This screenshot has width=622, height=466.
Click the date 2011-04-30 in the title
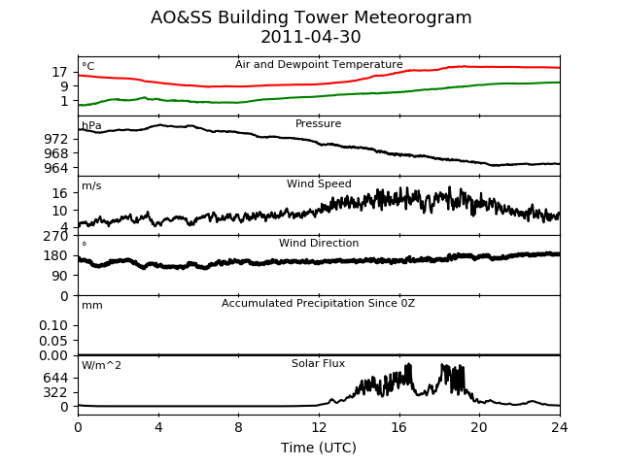(311, 37)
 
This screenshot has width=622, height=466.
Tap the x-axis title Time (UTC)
(319, 448)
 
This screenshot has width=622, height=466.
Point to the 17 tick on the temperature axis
(59, 72)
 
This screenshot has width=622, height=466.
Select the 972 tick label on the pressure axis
(56, 139)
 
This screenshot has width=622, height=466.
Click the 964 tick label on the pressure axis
(56, 168)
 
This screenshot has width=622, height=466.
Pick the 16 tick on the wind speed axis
(59, 193)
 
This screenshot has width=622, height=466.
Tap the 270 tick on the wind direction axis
(56, 236)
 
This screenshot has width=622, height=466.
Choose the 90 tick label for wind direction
(59, 276)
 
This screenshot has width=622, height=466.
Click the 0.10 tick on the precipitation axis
(53, 326)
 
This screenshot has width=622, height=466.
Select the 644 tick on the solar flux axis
(56, 378)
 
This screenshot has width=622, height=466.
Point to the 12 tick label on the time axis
(319, 427)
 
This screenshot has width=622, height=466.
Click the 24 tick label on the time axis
(560, 427)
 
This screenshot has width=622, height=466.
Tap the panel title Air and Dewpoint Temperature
(319, 65)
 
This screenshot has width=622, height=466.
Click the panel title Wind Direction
(319, 243)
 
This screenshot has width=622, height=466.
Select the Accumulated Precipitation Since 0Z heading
(318, 304)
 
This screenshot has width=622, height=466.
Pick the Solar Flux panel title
(318, 363)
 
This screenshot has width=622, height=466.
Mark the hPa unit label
(91, 126)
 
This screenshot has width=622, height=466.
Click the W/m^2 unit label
(101, 365)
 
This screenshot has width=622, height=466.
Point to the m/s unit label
(91, 185)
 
